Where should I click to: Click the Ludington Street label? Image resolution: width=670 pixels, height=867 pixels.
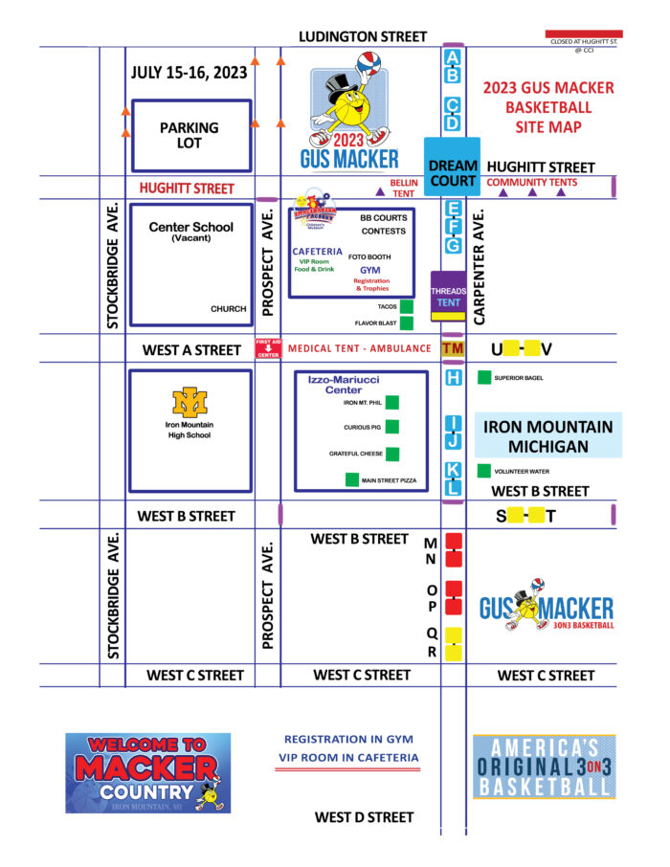363,36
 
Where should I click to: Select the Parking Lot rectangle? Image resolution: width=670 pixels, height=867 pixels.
190,135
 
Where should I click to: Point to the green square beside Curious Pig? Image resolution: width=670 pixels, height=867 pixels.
392,428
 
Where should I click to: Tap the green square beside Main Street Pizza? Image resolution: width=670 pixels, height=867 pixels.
352,479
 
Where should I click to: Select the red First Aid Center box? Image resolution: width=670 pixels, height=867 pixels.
267,348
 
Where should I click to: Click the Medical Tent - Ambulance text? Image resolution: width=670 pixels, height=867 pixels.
359,348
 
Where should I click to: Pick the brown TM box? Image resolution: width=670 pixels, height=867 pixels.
453,349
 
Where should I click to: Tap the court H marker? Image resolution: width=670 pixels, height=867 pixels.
454,378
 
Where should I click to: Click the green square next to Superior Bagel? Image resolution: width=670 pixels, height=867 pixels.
483,378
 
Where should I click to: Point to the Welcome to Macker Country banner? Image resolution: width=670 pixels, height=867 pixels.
147,772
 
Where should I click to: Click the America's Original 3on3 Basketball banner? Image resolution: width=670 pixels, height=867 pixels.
544,767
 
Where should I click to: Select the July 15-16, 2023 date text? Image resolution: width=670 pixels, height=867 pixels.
189,73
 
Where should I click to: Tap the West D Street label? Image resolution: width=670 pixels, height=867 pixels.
364,817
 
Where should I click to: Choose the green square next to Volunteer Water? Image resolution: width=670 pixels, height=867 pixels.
483,472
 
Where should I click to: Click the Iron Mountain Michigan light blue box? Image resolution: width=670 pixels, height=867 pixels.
547,436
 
